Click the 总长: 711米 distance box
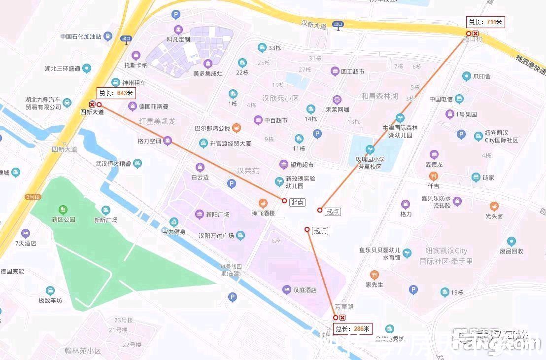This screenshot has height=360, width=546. (x=485, y=22)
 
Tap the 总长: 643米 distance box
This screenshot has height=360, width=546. (x=116, y=93)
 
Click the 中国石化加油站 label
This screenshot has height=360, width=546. (x=81, y=36)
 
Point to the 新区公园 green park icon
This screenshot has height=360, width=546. (x=63, y=210)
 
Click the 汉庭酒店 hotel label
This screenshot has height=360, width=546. (x=305, y=290)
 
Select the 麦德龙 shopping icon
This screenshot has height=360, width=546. (x=434, y=155)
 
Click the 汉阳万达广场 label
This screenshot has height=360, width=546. (x=216, y=236)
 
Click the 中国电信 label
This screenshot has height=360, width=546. (x=441, y=99)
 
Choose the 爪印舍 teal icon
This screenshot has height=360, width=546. (x=466, y=76)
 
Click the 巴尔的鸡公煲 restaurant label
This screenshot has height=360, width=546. (x=212, y=128)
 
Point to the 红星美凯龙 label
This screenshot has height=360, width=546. (x=157, y=121)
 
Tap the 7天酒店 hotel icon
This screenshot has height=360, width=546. (x=25, y=233)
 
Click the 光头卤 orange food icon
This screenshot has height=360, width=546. (x=494, y=206)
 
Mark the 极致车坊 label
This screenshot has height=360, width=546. (x=50, y=300)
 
